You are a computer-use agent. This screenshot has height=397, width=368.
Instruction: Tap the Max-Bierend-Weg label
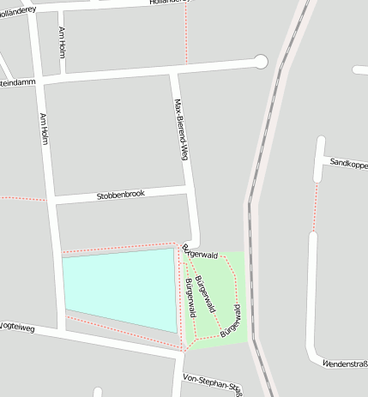click(x=180, y=129)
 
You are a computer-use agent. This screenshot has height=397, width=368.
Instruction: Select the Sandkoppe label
click(x=347, y=162)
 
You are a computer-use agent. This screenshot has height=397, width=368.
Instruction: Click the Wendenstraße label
click(x=344, y=364)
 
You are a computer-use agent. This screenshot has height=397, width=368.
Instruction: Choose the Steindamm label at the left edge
click(x=16, y=84)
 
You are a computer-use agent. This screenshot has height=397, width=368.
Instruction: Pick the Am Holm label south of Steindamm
click(x=44, y=133)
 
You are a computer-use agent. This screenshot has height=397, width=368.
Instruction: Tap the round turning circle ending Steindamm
click(x=261, y=61)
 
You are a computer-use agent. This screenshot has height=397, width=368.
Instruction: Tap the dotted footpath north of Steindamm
click(x=185, y=34)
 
